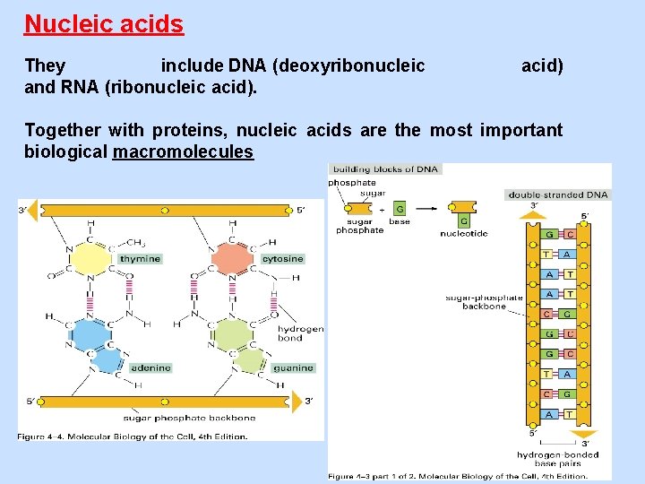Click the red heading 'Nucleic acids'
104,24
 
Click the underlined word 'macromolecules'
183,151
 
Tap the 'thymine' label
140,259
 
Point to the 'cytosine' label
282,259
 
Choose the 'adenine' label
150,367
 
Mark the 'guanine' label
293,367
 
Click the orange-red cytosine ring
233,259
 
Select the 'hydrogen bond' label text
302,333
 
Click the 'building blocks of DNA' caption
385,169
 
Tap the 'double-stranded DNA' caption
557,194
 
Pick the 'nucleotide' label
463,234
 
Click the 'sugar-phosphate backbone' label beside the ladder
484,301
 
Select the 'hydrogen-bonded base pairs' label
556,459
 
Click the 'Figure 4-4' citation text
133,436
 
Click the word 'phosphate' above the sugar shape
352,183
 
